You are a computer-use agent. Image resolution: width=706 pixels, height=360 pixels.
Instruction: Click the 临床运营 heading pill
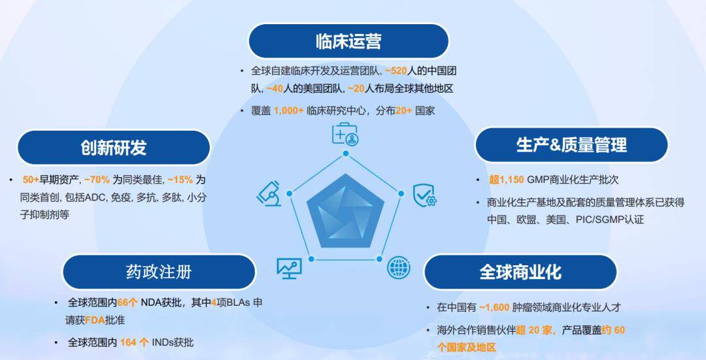pos(348,41)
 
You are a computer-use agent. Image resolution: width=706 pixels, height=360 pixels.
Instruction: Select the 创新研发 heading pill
pos(113,147)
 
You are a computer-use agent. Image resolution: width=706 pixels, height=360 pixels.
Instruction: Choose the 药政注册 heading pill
pos(158,271)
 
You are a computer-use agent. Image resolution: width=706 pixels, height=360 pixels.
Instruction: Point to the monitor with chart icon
pos(289,267)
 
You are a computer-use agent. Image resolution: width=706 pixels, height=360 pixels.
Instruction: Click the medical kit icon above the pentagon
pos(345,134)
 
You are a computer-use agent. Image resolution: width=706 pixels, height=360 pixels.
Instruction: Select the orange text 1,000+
pos(288,111)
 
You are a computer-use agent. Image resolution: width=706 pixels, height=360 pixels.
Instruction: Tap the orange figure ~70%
pos(97,180)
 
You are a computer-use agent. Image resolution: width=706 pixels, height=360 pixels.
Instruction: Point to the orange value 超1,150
pos(508,180)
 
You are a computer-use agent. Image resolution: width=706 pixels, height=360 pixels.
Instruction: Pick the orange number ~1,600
pos(496,307)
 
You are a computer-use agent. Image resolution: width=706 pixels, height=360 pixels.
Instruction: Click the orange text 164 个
pos(134,342)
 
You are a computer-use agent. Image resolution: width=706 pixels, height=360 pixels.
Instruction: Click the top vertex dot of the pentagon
pos(346,154)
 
